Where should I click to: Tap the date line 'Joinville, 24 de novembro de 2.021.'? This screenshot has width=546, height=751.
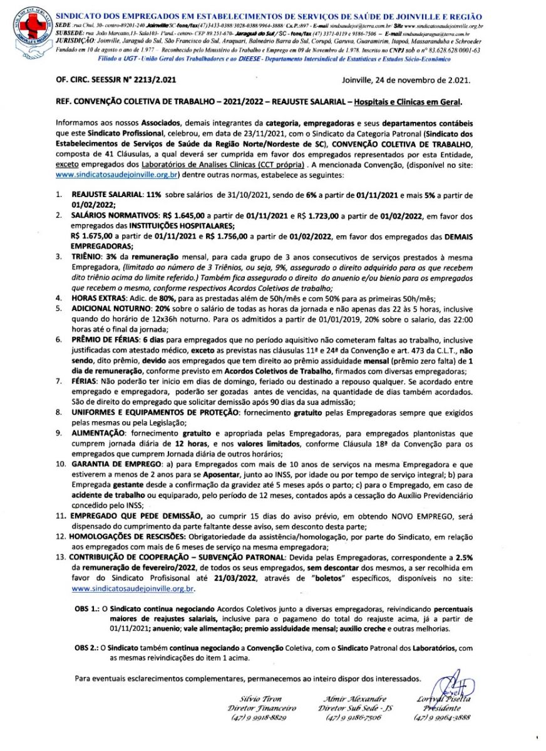407,81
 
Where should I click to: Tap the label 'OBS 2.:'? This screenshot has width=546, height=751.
87,648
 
